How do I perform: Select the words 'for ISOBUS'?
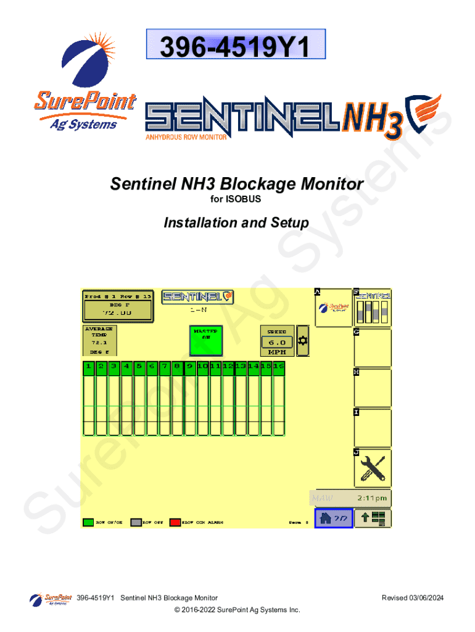[236, 200]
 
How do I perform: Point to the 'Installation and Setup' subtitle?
[236, 222]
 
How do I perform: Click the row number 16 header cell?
[279, 367]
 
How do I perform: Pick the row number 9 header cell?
[190, 367]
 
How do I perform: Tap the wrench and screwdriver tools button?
[373, 468]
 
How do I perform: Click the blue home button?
[334, 518]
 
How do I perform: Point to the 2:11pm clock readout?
[372, 497]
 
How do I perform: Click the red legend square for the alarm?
[175, 522]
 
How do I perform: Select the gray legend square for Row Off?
[136, 522]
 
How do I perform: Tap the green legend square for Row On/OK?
[88, 522]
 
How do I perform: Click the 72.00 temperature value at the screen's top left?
[117, 312]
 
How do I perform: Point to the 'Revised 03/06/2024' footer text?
[413, 598]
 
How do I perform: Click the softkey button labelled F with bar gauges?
[373, 307]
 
